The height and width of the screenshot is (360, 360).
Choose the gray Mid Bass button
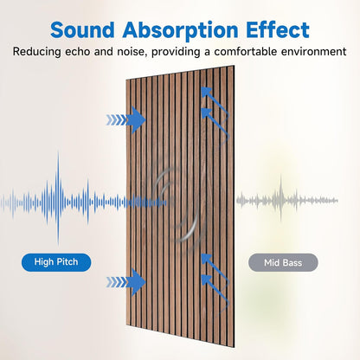point(282,261)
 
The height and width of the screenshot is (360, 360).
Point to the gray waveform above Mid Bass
point(286,200)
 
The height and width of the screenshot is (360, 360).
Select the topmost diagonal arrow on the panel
point(209,97)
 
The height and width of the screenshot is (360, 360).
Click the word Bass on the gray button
point(294,261)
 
